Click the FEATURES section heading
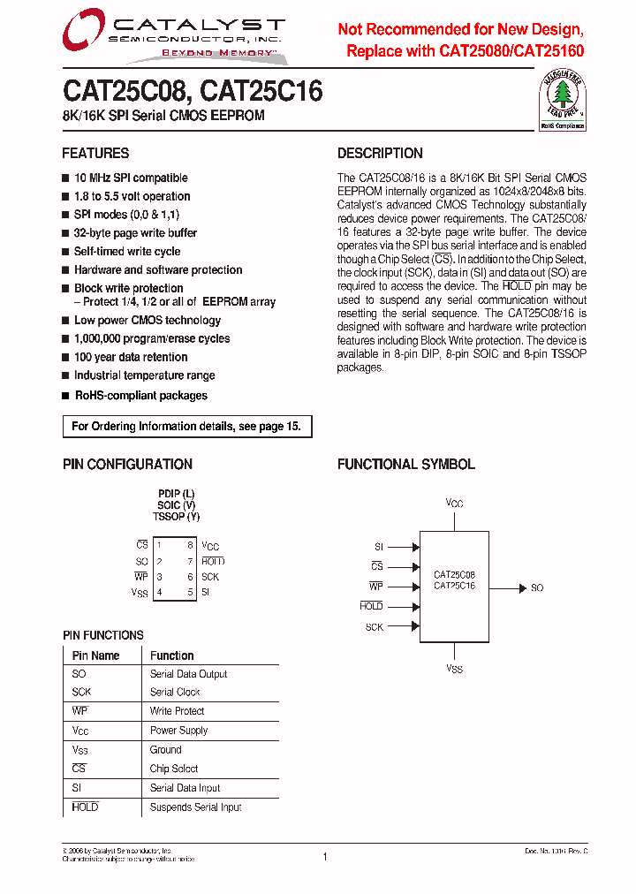click(95, 153)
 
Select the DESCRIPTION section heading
click(380, 153)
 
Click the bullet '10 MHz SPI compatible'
click(131, 178)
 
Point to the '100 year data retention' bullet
click(131, 357)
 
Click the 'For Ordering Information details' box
click(186, 427)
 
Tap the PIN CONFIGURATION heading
click(127, 464)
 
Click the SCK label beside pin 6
click(210, 577)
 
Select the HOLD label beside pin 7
click(213, 562)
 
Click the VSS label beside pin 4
click(140, 593)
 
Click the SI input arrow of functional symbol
click(403, 548)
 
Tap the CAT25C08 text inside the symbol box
click(454, 574)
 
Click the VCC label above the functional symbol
click(454, 504)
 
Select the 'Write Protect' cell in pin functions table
click(177, 711)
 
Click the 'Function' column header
click(171, 655)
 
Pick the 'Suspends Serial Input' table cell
click(195, 807)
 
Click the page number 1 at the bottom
click(325, 857)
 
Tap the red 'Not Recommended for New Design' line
click(460, 29)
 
